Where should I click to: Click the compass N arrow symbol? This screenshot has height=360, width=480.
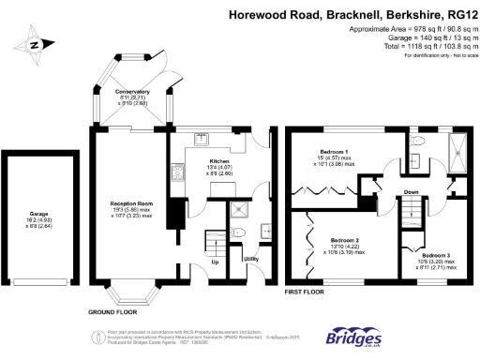[x=35, y=44]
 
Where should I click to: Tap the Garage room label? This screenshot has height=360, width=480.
[x=39, y=215]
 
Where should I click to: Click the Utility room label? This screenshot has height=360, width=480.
[x=250, y=258]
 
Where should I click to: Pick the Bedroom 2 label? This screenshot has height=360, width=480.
[x=349, y=240]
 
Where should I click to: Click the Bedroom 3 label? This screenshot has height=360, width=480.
[x=436, y=255]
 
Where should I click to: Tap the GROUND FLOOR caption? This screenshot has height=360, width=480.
[x=113, y=310]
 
